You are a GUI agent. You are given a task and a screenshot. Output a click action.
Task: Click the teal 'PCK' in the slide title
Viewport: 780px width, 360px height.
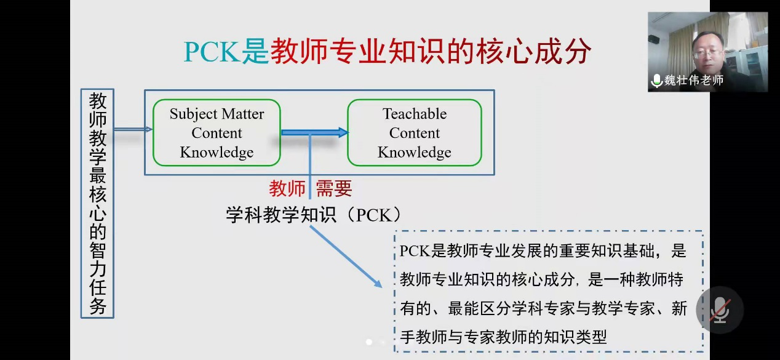click(x=212, y=52)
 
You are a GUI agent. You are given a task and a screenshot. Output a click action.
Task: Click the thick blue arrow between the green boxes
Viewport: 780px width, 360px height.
click(x=315, y=132)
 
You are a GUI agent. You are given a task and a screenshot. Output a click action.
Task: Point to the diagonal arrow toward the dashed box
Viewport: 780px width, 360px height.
click(x=346, y=257)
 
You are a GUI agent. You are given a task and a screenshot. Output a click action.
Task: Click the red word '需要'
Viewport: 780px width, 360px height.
click(x=334, y=188)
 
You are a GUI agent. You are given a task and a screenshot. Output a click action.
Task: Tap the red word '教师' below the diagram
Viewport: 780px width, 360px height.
click(x=287, y=188)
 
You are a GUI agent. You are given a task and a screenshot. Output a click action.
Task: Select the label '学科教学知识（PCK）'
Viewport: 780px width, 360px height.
click(x=313, y=215)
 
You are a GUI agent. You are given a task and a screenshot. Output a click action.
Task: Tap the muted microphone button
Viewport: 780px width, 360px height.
click(x=720, y=310)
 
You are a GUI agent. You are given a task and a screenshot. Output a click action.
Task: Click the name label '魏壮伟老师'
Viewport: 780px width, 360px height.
click(x=694, y=81)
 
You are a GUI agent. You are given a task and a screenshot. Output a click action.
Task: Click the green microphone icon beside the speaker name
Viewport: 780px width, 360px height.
click(x=657, y=81)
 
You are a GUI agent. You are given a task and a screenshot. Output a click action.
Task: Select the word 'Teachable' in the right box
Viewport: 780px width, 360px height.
click(x=415, y=114)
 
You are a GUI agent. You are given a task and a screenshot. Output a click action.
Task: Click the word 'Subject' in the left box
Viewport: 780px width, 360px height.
click(x=194, y=114)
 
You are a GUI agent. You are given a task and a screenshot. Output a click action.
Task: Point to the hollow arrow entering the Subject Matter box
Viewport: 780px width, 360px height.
click(x=133, y=129)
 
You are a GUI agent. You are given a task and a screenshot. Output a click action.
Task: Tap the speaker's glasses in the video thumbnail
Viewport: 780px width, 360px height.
click(x=707, y=54)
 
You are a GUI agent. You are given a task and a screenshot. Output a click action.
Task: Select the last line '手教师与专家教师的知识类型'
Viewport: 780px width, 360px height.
click(x=504, y=337)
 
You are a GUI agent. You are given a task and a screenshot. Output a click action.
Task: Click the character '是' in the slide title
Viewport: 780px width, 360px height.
click(x=255, y=52)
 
